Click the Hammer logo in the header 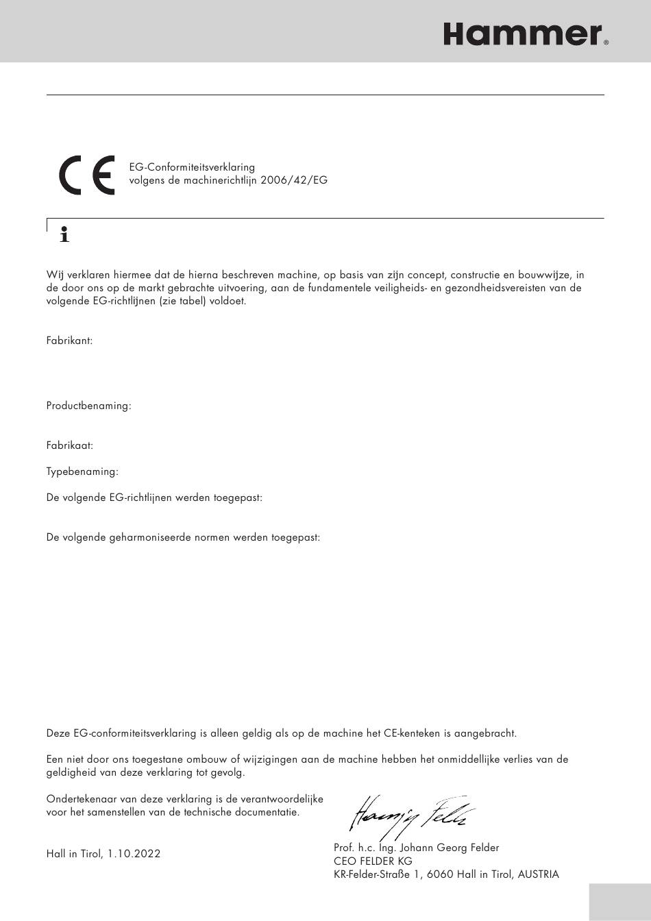tap(522, 34)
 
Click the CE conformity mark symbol tap(86, 176)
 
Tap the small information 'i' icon tap(65, 234)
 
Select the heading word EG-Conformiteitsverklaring tap(192, 167)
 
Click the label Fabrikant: tap(69, 340)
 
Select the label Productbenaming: tap(88, 406)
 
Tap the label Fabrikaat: tap(69, 445)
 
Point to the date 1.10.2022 tap(134, 854)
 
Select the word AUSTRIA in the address tap(538, 874)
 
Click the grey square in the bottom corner tap(619, 902)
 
